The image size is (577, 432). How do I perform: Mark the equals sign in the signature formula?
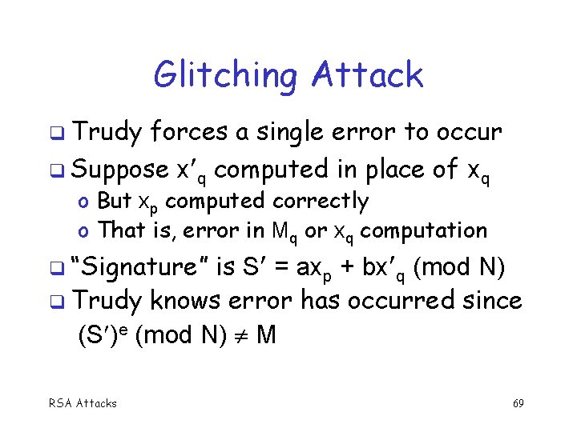[280, 266]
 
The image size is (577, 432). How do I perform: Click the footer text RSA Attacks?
[83, 403]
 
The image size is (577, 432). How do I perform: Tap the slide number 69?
[518, 403]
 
